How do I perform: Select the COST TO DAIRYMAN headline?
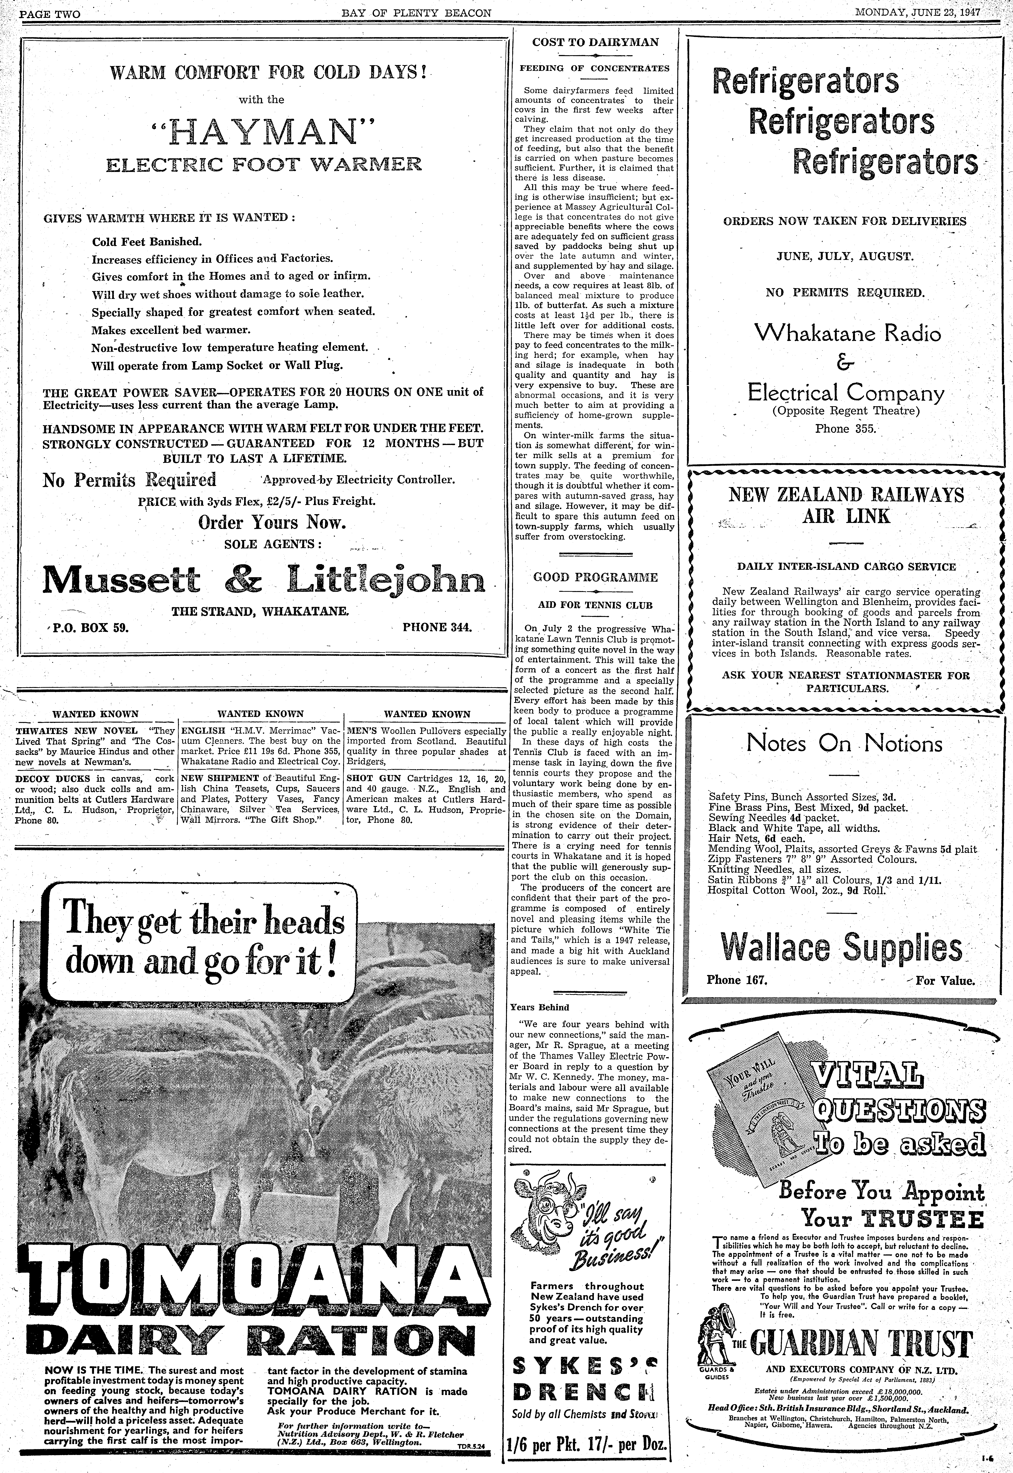pos(595,42)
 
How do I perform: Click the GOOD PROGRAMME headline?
pos(595,577)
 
